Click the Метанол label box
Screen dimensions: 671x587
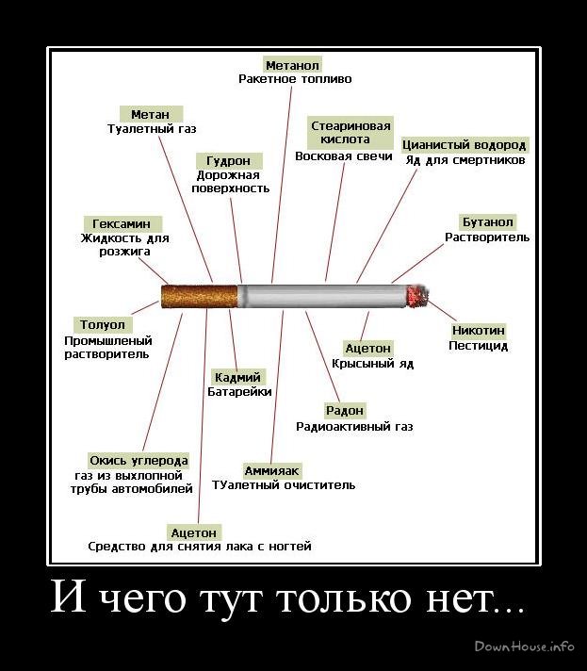pyautogui.click(x=293, y=65)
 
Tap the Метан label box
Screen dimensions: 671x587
pyautogui.click(x=151, y=114)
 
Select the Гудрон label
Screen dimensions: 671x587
pyautogui.click(x=228, y=161)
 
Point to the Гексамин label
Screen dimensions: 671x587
pyautogui.click(x=122, y=224)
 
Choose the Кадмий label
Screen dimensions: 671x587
pyautogui.click(x=238, y=377)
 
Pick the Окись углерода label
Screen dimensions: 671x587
pyautogui.click(x=139, y=461)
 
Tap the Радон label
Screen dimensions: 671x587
pyautogui.click(x=345, y=411)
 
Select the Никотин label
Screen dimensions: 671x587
pyautogui.click(x=479, y=331)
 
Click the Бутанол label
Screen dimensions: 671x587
pyautogui.click(x=487, y=222)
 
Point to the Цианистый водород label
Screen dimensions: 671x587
pyautogui.click(x=465, y=145)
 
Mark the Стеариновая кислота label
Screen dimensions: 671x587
pyautogui.click(x=351, y=132)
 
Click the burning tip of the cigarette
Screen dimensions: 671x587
pyautogui.click(x=416, y=297)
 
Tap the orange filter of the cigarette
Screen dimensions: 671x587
pyautogui.click(x=199, y=296)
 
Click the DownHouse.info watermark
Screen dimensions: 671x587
pyautogui.click(x=525, y=646)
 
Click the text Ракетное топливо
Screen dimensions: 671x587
pyautogui.click(x=295, y=79)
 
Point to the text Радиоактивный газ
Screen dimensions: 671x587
pyautogui.click(x=354, y=426)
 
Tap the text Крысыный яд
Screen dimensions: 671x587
pyautogui.click(x=372, y=363)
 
